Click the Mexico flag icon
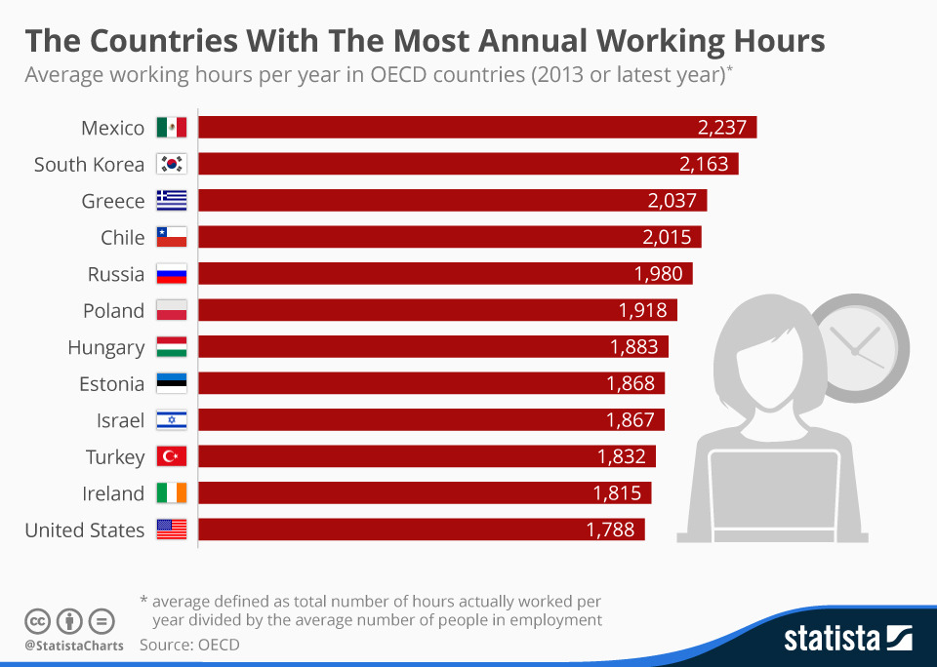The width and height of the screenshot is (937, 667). coord(171,128)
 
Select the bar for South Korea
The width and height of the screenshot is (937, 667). coord(468,164)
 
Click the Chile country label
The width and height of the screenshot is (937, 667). coord(122,237)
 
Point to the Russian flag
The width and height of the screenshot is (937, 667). coord(171,274)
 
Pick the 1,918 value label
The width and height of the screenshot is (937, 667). coord(642,310)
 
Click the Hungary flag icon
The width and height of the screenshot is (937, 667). coord(171,347)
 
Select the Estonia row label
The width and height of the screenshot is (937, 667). coord(111,383)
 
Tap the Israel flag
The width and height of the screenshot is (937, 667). coord(171,420)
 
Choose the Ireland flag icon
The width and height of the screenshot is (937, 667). coord(171,493)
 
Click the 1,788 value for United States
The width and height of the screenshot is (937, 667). coord(610,530)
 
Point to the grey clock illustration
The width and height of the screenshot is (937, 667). coord(859,346)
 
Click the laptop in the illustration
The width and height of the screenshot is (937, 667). coord(774,497)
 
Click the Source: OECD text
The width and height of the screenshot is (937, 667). coord(189,645)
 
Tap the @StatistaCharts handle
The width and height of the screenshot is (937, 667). coord(74,646)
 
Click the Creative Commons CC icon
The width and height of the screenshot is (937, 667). coord(38,620)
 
